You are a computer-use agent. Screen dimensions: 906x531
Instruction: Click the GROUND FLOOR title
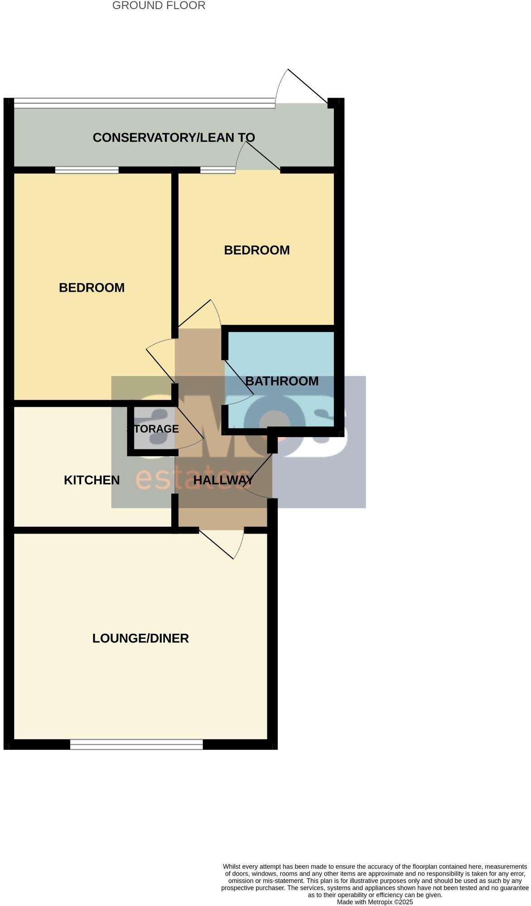pyautogui.click(x=159, y=6)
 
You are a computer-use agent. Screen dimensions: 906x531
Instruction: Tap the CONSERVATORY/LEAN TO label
pyautogui.click(x=174, y=138)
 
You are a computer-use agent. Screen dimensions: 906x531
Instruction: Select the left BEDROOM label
pyautogui.click(x=92, y=288)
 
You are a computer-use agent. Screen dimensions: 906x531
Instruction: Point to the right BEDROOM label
pyautogui.click(x=257, y=250)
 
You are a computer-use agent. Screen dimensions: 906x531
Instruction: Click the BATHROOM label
pyautogui.click(x=282, y=381)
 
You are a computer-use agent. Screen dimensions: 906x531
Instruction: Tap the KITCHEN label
pyautogui.click(x=92, y=480)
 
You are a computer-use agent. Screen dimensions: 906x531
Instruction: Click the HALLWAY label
pyautogui.click(x=223, y=480)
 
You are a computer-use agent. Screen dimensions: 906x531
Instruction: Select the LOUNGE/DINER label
pyautogui.click(x=140, y=638)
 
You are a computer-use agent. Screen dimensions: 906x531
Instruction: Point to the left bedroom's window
pyautogui.click(x=87, y=170)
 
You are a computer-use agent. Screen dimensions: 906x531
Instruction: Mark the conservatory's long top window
pyautogui.click(x=144, y=103)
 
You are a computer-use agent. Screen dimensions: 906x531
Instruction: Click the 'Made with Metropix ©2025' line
pyautogui.click(x=375, y=902)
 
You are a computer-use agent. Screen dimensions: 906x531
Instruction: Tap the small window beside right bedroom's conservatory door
pyautogui.click(x=217, y=170)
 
